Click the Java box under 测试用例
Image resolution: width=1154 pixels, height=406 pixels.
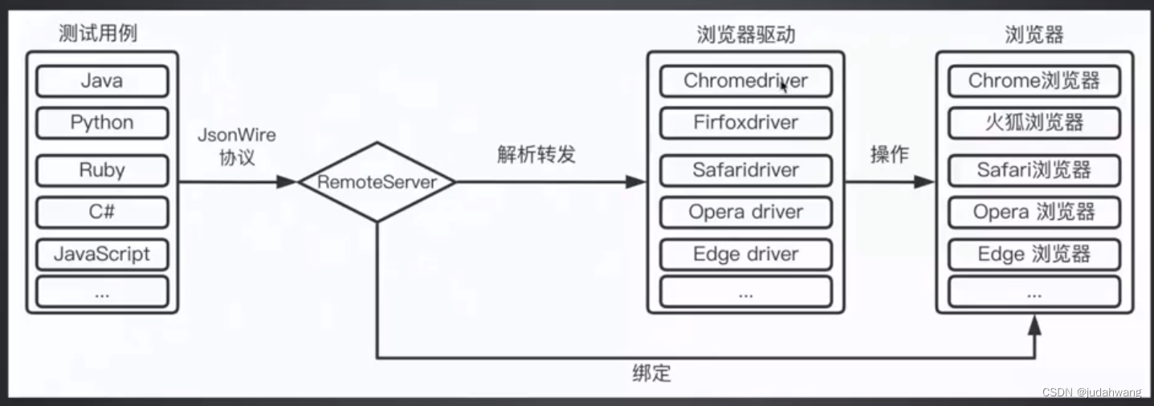coord(102,81)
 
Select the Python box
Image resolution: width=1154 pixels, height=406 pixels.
coord(102,123)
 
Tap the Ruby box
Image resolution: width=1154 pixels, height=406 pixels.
coord(102,170)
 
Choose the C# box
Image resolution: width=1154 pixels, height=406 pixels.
coord(102,212)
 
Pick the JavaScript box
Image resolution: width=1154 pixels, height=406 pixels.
coord(102,254)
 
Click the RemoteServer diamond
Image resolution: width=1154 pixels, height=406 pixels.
coord(377,182)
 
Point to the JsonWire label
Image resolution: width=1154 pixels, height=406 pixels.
coord(236,136)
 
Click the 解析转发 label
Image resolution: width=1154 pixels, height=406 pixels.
coord(536,155)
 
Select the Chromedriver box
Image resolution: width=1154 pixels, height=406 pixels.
coord(745,81)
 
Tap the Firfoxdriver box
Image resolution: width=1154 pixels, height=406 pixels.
coord(745,123)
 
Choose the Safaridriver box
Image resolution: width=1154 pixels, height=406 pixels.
coord(745,170)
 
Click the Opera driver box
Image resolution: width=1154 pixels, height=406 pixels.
coord(745,212)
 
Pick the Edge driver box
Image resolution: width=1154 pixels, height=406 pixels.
coord(745,254)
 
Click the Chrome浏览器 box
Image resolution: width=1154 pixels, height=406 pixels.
coord(1034,81)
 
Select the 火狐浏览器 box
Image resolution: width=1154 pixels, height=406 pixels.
coord(1034,123)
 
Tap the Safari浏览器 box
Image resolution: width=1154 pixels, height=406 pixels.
coord(1034,170)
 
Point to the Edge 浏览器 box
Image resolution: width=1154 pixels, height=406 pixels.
coord(1034,254)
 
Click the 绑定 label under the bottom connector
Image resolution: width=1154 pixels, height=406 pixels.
coord(650,373)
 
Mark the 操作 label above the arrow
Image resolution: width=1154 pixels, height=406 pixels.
coord(889,155)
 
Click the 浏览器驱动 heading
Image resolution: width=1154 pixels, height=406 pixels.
coord(744,35)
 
